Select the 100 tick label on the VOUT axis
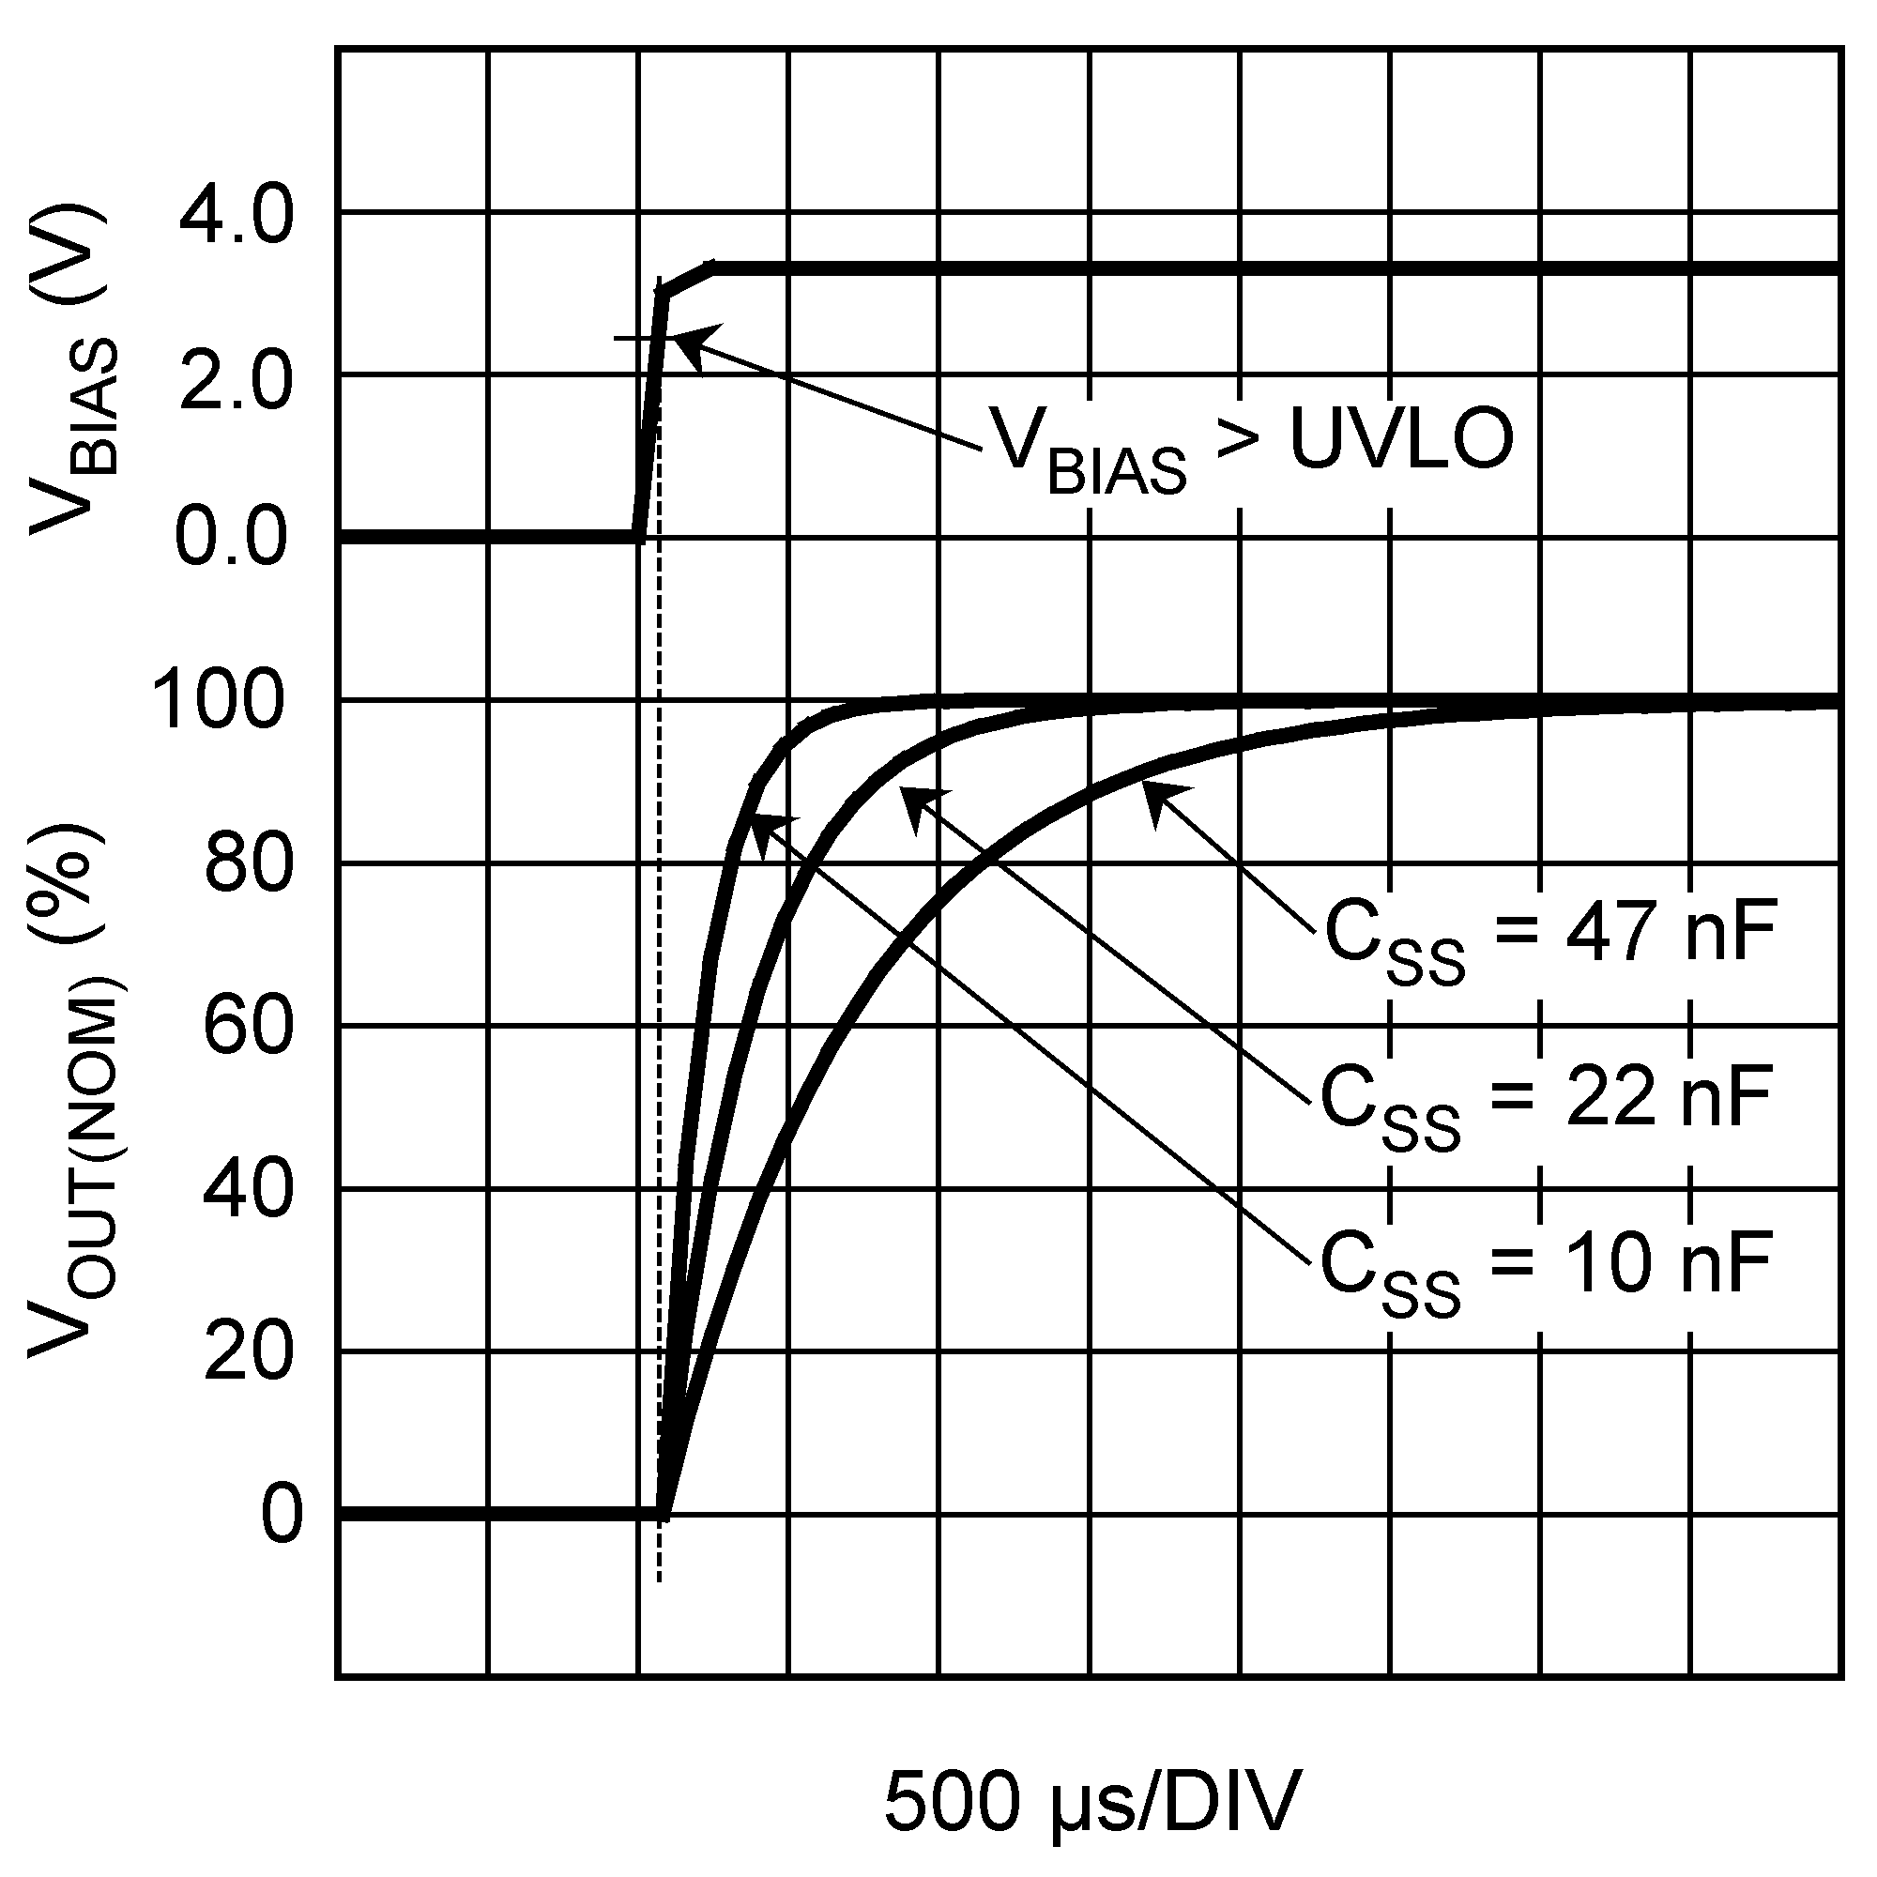pyautogui.click(x=220, y=702)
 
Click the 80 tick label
pyautogui.click(x=248, y=864)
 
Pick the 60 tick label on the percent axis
pyautogui.click(x=248, y=1027)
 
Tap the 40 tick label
pyautogui.click(x=248, y=1190)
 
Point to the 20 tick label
pyautogui.click(x=248, y=1352)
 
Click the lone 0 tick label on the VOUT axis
pyautogui.click(x=282, y=1515)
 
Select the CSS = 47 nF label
pyautogui.click(x=1550, y=938)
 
